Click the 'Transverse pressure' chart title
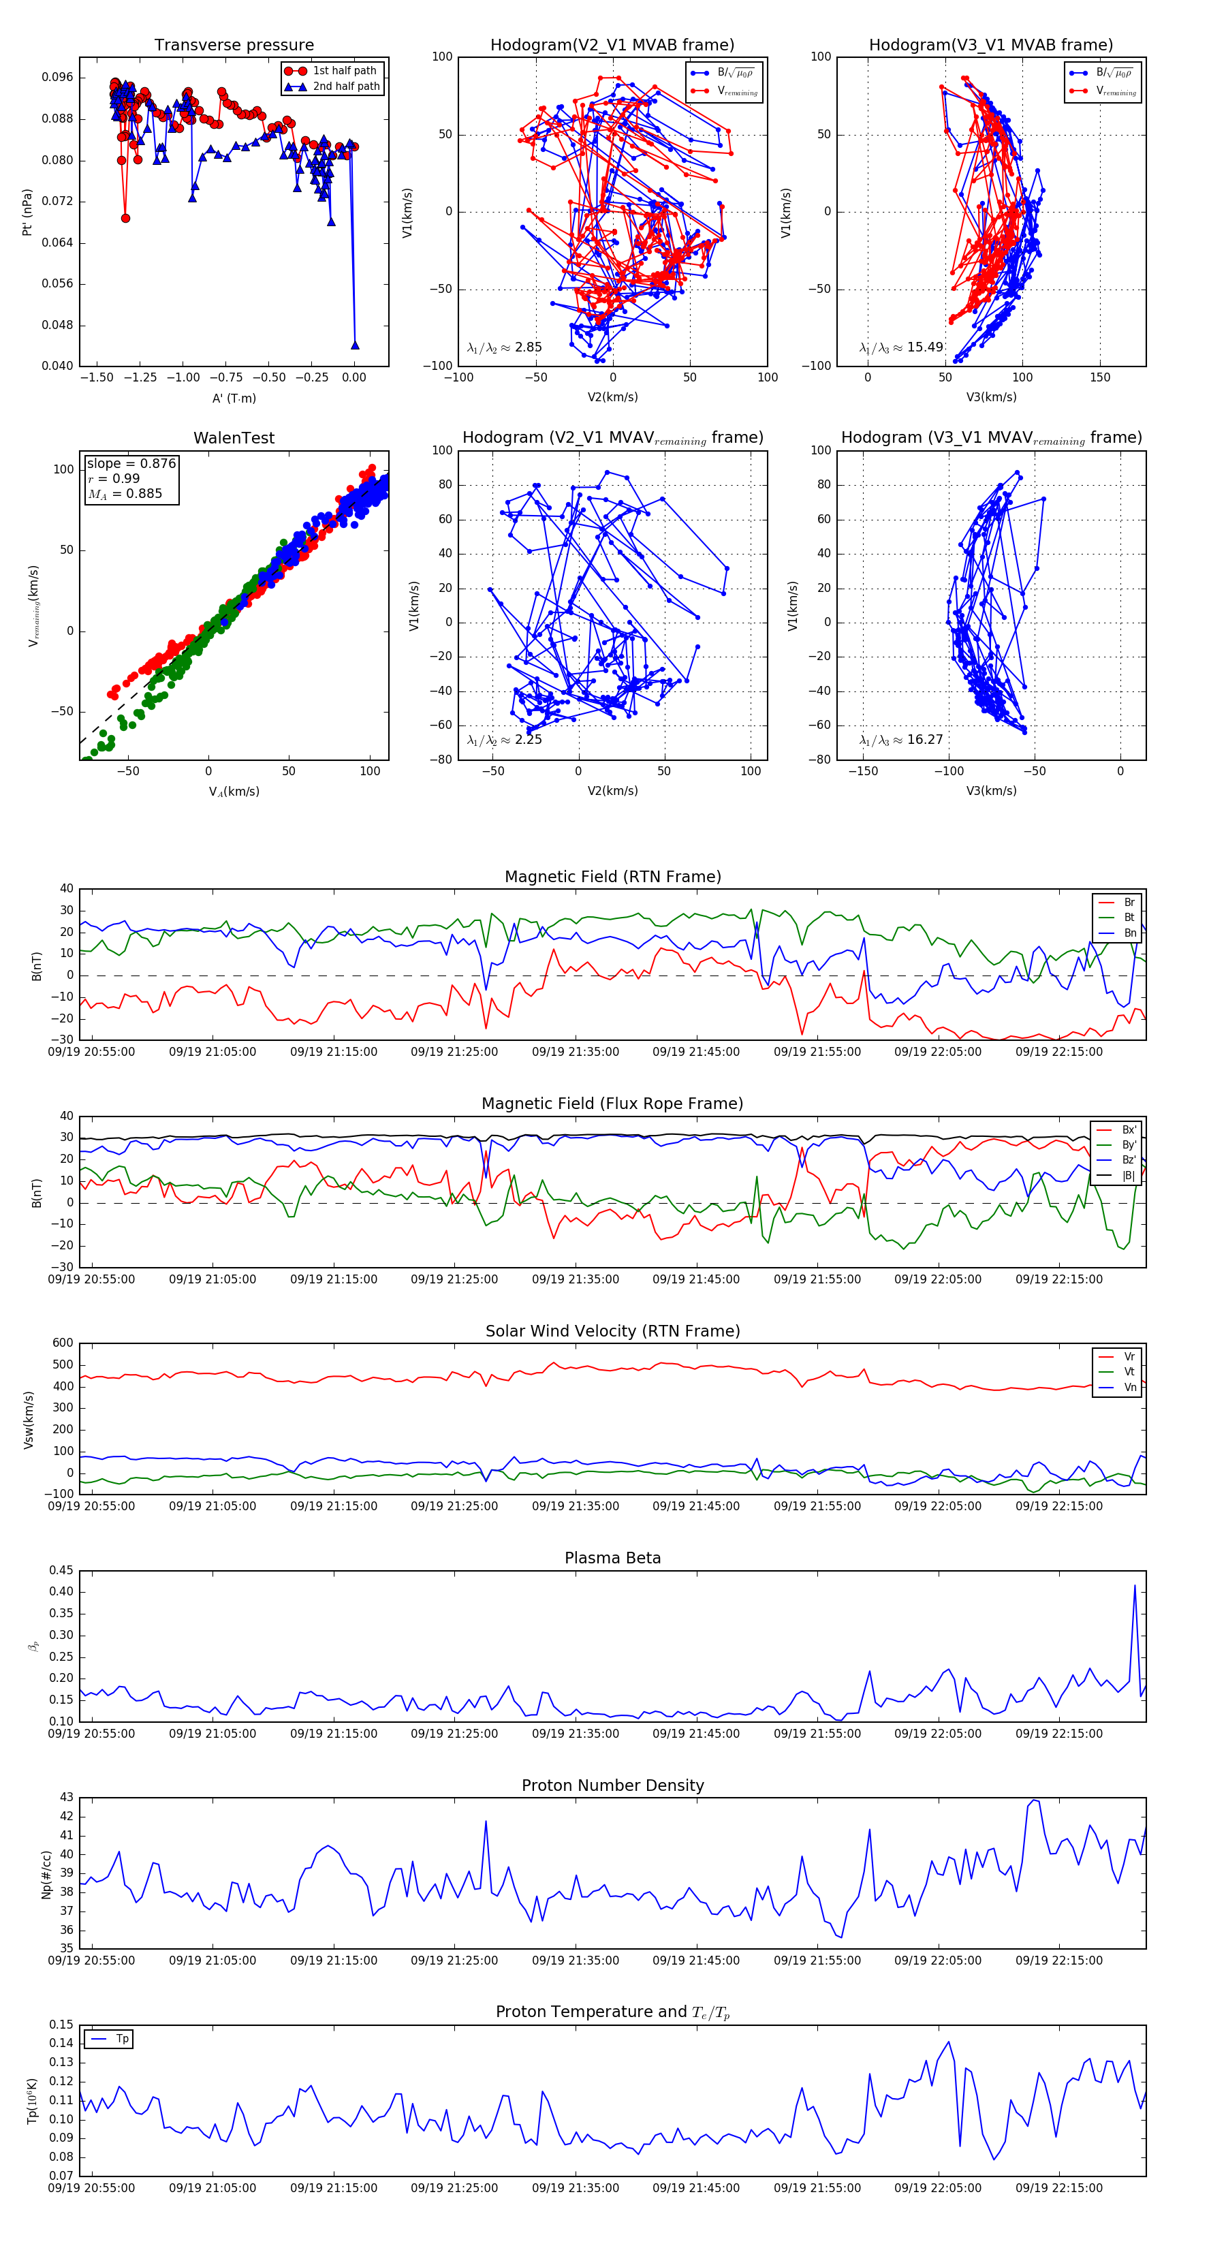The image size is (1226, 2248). (x=234, y=46)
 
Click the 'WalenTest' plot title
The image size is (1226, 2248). (x=234, y=438)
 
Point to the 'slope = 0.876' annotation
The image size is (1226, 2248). (x=131, y=463)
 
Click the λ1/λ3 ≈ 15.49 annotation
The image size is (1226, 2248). (x=901, y=347)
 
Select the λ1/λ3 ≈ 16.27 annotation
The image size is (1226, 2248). (x=901, y=740)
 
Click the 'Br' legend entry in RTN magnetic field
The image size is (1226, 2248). (x=1129, y=903)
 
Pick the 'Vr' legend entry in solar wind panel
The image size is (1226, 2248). (x=1129, y=1357)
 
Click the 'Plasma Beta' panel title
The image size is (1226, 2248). (x=612, y=1559)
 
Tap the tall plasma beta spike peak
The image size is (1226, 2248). (x=1134, y=1586)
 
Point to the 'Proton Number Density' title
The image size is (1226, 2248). (x=612, y=1785)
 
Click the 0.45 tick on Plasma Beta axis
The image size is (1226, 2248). (x=61, y=1571)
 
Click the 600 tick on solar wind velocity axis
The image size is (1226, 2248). (x=63, y=1344)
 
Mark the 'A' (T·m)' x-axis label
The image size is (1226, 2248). (x=234, y=399)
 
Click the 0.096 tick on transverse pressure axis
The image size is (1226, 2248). (x=58, y=78)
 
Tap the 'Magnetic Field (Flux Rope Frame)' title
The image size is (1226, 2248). (x=612, y=1104)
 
